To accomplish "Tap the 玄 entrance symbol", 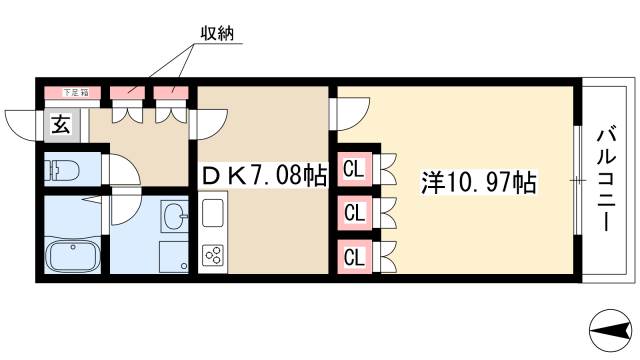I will [59, 125].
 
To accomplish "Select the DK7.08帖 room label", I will [264, 178].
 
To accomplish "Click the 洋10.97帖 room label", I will [480, 183].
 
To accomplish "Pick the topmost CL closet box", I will [353, 169].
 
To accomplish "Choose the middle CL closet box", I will [353, 212].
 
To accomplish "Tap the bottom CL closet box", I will [353, 255].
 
